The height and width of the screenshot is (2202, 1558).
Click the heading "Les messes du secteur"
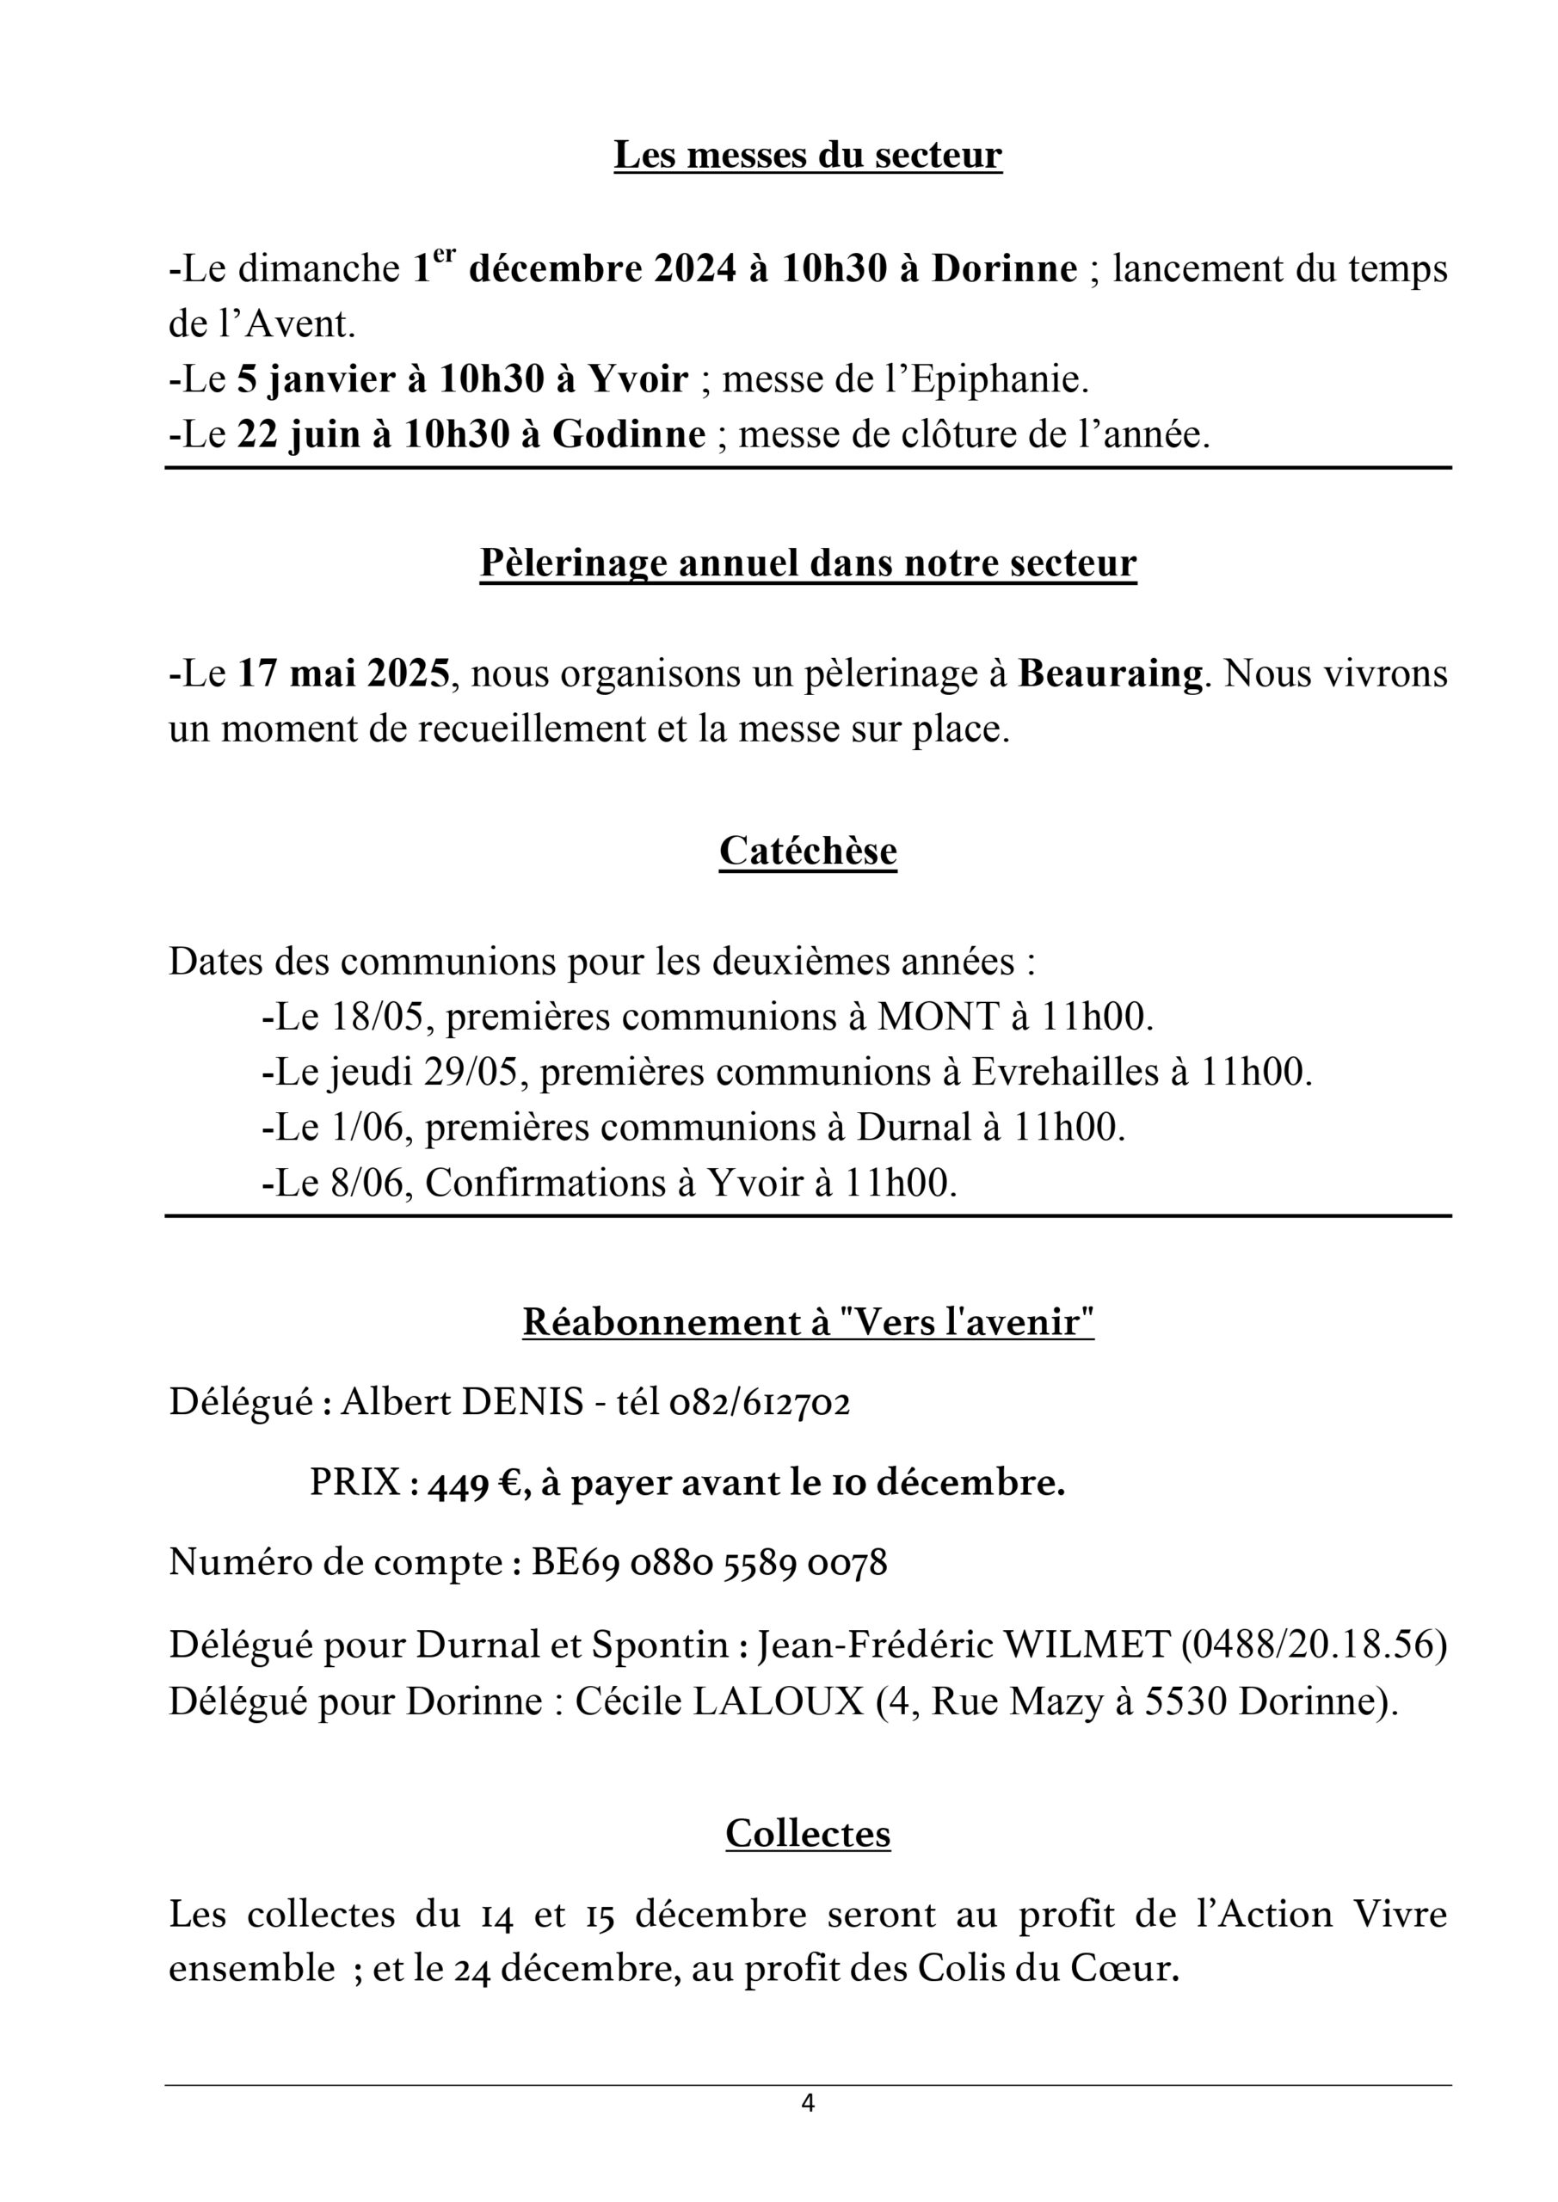click(x=808, y=156)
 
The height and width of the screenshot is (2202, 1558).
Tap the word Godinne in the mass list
click(x=630, y=435)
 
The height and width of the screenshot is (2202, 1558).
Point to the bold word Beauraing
click(x=1110, y=674)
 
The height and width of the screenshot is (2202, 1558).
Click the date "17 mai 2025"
click(x=343, y=674)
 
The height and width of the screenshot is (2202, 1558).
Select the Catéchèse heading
click(x=808, y=851)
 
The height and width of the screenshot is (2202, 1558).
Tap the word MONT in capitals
click(x=939, y=1017)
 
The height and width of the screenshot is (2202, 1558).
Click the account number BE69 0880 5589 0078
click(x=709, y=1563)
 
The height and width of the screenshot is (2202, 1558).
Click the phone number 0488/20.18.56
click(x=1313, y=1645)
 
